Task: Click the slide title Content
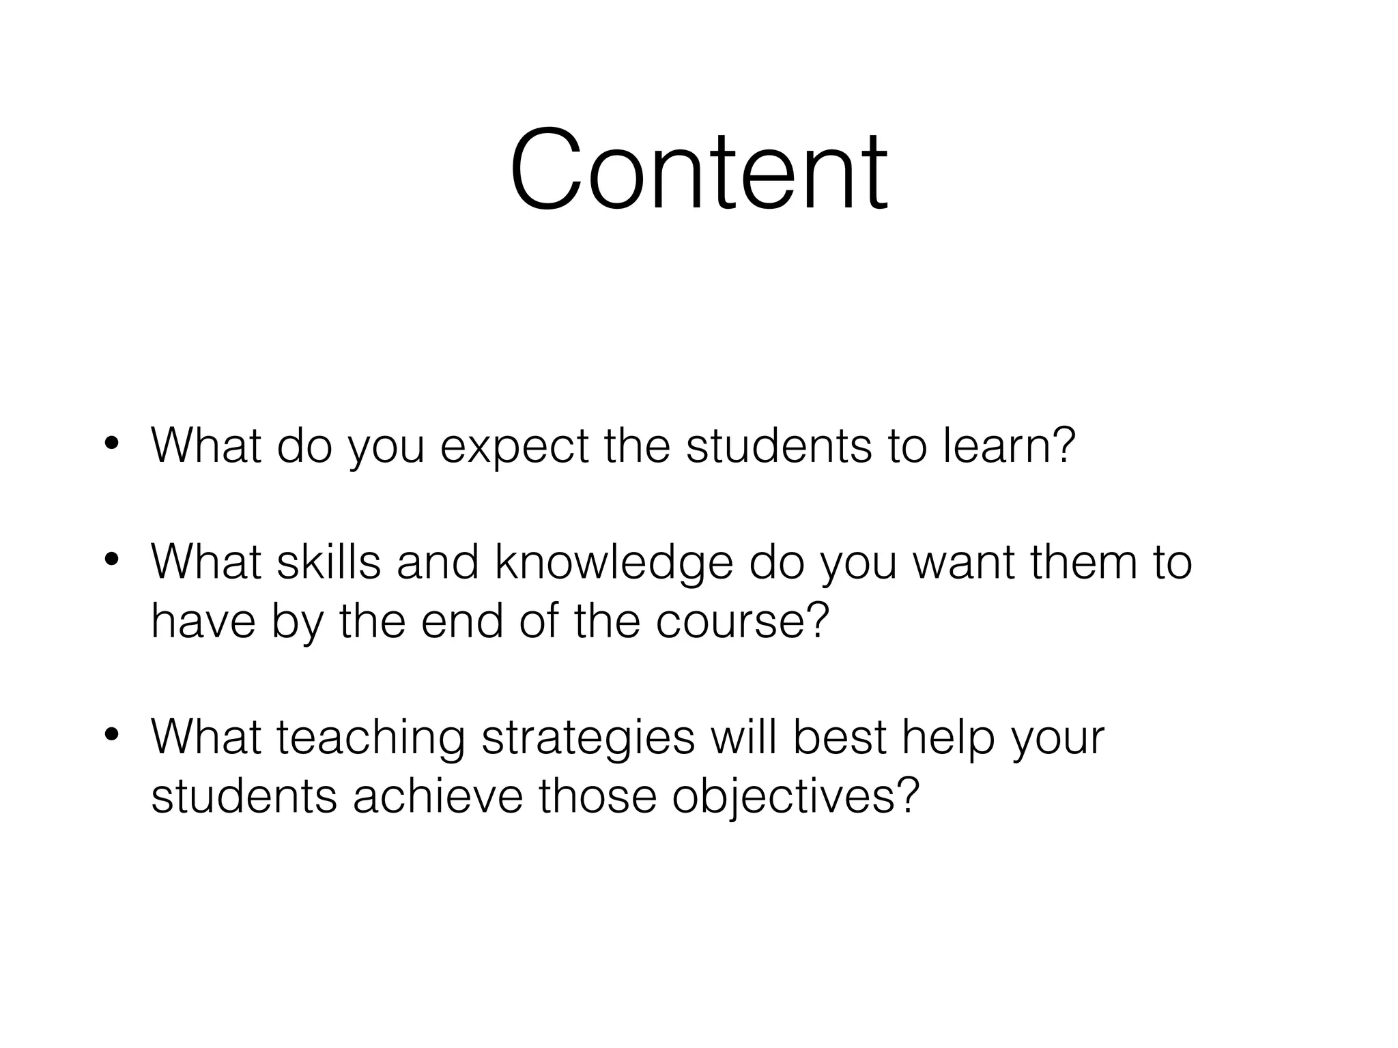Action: point(698,171)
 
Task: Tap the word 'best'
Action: point(839,738)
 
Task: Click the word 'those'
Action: point(597,796)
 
